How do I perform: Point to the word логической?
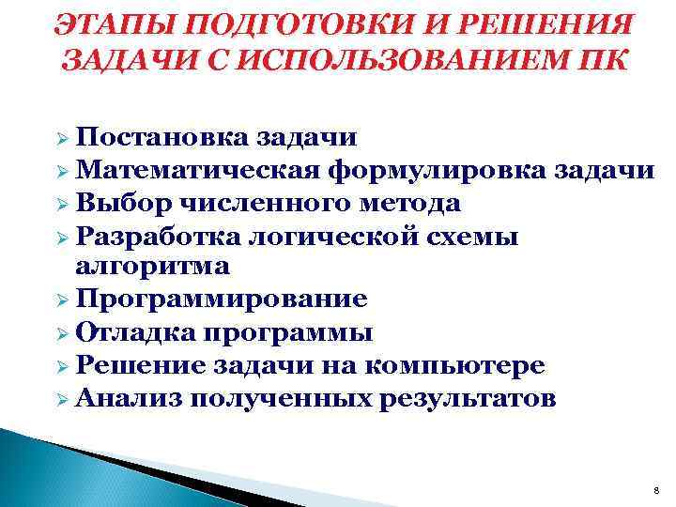coord(328,234)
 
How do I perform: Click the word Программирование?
coord(222,299)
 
